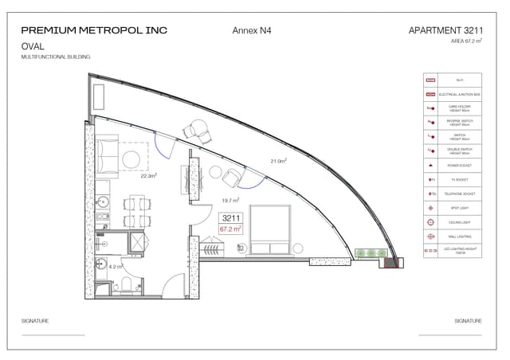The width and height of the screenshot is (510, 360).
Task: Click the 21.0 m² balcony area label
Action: pos(278,161)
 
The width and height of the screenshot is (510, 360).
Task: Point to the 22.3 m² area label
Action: pos(149,176)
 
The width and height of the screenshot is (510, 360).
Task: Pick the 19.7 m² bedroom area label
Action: pos(231,201)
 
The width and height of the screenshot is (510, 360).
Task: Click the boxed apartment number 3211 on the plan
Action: pos(231,217)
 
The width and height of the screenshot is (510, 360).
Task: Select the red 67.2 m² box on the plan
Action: pos(231,229)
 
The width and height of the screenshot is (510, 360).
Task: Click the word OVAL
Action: pos(33,47)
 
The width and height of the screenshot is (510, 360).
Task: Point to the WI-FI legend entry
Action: pos(460,80)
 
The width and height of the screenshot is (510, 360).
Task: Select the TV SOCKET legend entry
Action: pos(460,179)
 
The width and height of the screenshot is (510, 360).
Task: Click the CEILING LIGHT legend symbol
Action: pos(430,222)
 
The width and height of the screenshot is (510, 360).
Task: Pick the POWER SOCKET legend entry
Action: pos(460,165)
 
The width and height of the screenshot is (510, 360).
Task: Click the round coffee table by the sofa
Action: pos(131,158)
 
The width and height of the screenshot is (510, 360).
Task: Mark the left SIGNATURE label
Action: pos(35,321)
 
